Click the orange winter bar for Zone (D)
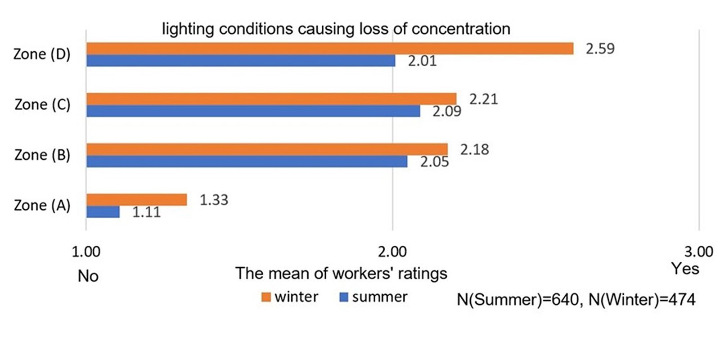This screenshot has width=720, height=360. [x=329, y=49]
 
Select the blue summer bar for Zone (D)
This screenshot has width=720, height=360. [x=241, y=61]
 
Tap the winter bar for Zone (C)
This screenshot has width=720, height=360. [x=271, y=99]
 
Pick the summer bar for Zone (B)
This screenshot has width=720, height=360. [x=247, y=162]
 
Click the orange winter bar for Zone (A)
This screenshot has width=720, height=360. [x=136, y=200]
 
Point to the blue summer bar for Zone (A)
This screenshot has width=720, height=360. [x=103, y=212]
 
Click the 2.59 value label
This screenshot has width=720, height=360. [x=600, y=49]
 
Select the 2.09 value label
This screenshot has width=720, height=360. [x=447, y=111]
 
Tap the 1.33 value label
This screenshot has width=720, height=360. [x=214, y=200]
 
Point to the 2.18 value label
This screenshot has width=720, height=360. [x=474, y=149]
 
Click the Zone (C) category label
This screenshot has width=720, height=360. [x=42, y=105]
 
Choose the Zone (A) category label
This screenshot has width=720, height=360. [x=42, y=206]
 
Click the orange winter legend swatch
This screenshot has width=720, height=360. [x=266, y=297]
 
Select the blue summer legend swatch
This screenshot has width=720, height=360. [x=344, y=297]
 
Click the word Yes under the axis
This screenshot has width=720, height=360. [x=685, y=269]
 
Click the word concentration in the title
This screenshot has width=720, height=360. [x=461, y=29]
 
